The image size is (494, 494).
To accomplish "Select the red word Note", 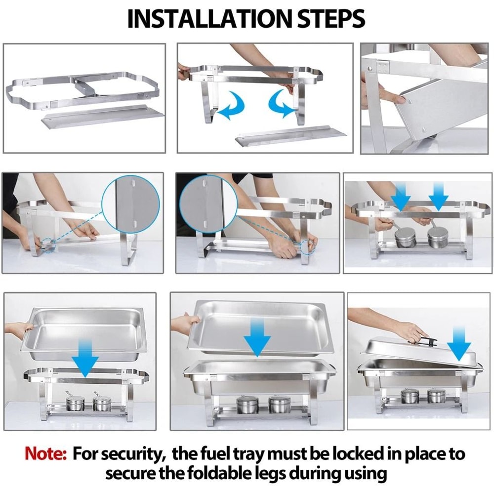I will click(45, 453).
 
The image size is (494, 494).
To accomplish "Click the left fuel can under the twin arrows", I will click(405, 237).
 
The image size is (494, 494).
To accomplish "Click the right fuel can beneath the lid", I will click(436, 396).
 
